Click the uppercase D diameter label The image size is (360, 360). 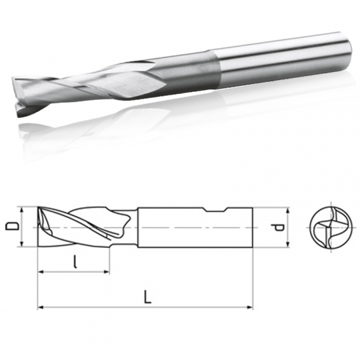pos(10,227)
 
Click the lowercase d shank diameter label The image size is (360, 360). pos(281,228)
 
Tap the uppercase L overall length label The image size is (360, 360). pos(147,297)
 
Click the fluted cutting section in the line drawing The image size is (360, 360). pos(83,228)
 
